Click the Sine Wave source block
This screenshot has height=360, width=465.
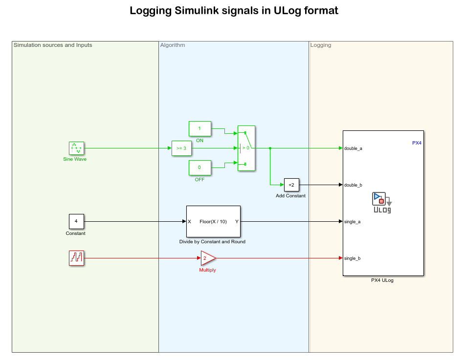click(76, 148)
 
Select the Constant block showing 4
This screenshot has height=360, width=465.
click(76, 221)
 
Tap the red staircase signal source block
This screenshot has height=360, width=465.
click(76, 258)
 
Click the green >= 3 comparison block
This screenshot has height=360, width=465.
click(181, 148)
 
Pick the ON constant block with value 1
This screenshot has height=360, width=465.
click(199, 128)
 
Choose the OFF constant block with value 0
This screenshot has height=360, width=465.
click(199, 168)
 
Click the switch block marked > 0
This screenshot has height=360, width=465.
click(246, 148)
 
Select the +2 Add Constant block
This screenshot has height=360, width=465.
click(291, 185)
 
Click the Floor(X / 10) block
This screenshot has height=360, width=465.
click(213, 221)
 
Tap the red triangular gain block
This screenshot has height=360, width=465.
click(207, 258)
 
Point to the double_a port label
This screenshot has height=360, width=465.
click(353, 148)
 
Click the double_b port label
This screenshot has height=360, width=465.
click(353, 185)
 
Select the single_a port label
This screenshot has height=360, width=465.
click(352, 221)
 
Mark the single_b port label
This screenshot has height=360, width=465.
click(352, 258)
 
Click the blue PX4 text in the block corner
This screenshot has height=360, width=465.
click(417, 143)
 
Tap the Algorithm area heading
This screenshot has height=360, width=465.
click(173, 45)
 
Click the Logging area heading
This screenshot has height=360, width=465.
click(321, 45)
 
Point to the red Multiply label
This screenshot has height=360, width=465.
click(207, 270)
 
